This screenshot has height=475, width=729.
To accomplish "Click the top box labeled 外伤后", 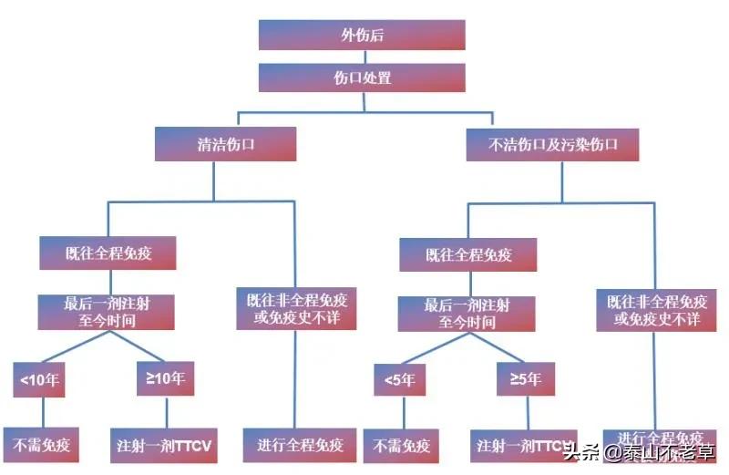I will click(362, 35).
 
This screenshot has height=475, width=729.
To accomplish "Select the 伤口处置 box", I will click(362, 77).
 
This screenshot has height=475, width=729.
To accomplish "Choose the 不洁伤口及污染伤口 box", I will click(553, 144).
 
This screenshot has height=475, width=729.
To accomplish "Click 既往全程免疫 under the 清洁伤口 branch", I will click(108, 253).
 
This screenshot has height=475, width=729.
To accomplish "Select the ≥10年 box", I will click(165, 379).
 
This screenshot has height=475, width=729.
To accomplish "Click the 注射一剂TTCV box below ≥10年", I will click(165, 446).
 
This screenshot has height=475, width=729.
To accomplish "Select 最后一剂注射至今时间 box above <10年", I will click(107, 311).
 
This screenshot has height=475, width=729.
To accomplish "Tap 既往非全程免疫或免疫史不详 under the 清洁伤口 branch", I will click(296, 310).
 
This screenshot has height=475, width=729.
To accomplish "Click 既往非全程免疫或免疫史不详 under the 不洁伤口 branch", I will click(656, 311).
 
